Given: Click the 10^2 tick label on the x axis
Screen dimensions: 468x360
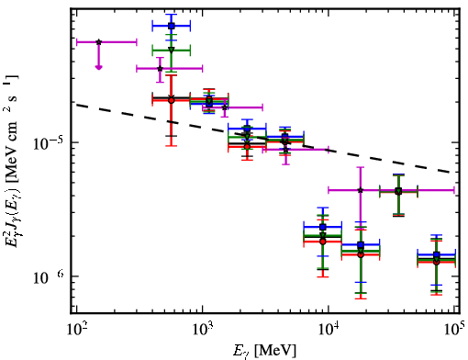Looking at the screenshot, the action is click(x=76, y=331).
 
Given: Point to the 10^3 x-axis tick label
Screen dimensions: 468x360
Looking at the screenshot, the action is click(x=202, y=331).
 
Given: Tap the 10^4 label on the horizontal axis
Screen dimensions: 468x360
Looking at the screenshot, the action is click(x=329, y=331).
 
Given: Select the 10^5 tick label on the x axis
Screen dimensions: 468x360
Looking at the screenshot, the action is click(x=455, y=330).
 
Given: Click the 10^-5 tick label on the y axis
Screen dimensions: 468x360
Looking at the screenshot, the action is click(x=48, y=143).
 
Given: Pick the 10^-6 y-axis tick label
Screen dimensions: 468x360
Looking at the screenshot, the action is click(x=48, y=277).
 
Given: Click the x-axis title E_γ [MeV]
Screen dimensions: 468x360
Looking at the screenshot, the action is click(x=264, y=351).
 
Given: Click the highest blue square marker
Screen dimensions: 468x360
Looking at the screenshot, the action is click(x=172, y=26).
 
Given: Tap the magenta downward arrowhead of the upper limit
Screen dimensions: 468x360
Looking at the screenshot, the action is click(x=98, y=67).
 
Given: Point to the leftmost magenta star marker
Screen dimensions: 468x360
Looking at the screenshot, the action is click(x=98, y=42).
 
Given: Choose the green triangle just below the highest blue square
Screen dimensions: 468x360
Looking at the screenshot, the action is click(x=172, y=50).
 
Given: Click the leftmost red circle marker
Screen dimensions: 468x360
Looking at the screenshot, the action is click(x=172, y=100).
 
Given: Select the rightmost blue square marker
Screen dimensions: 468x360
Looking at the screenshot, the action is click(x=437, y=254).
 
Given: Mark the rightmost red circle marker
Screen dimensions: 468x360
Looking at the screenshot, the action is click(x=437, y=262).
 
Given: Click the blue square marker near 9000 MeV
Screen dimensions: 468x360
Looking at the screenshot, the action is click(x=322, y=227).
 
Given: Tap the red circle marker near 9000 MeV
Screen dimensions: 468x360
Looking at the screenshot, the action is click(x=322, y=242).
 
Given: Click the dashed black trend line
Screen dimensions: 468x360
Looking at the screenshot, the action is click(x=263, y=139).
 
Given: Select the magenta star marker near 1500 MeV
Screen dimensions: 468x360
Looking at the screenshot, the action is click(x=225, y=107).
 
